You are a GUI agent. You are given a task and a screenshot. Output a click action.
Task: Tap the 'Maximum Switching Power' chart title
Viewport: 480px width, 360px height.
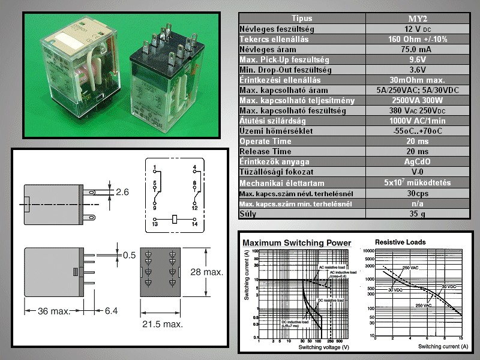coord(296,243)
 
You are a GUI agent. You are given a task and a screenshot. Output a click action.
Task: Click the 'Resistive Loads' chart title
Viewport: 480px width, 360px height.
coord(400,242)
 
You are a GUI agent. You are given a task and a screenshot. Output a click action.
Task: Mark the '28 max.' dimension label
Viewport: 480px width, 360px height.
coord(208,272)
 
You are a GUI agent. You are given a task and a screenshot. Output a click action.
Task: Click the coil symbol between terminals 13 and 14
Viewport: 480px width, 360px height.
coord(175,219)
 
